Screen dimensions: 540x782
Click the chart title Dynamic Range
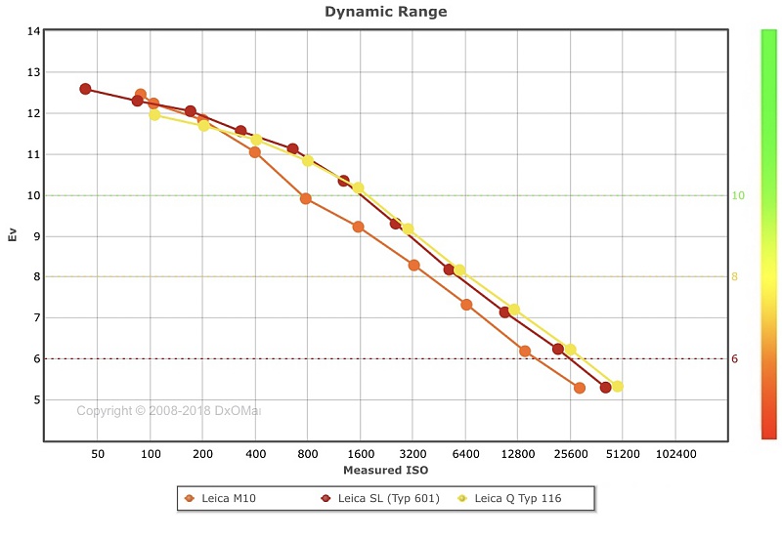click(x=385, y=12)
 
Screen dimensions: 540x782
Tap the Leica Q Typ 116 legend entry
click(x=518, y=498)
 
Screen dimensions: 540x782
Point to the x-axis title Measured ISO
click(x=385, y=471)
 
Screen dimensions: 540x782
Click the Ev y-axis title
click(x=13, y=235)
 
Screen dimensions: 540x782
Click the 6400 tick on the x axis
click(x=466, y=455)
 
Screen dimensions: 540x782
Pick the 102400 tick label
click(x=675, y=455)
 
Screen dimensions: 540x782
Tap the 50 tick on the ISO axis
click(x=98, y=455)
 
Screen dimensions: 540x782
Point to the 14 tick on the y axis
click(x=34, y=31)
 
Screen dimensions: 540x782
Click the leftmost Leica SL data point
click(x=85, y=89)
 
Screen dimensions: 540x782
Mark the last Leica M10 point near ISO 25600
click(x=580, y=388)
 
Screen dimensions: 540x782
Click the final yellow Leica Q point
click(x=617, y=386)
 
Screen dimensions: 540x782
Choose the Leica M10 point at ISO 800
click(x=306, y=198)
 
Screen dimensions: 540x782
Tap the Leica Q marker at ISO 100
click(x=154, y=114)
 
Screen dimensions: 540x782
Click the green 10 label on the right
click(x=738, y=195)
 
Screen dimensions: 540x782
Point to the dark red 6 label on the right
click(x=735, y=358)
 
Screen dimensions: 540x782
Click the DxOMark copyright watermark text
click(x=169, y=411)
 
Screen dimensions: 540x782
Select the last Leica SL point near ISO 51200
click(x=606, y=388)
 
